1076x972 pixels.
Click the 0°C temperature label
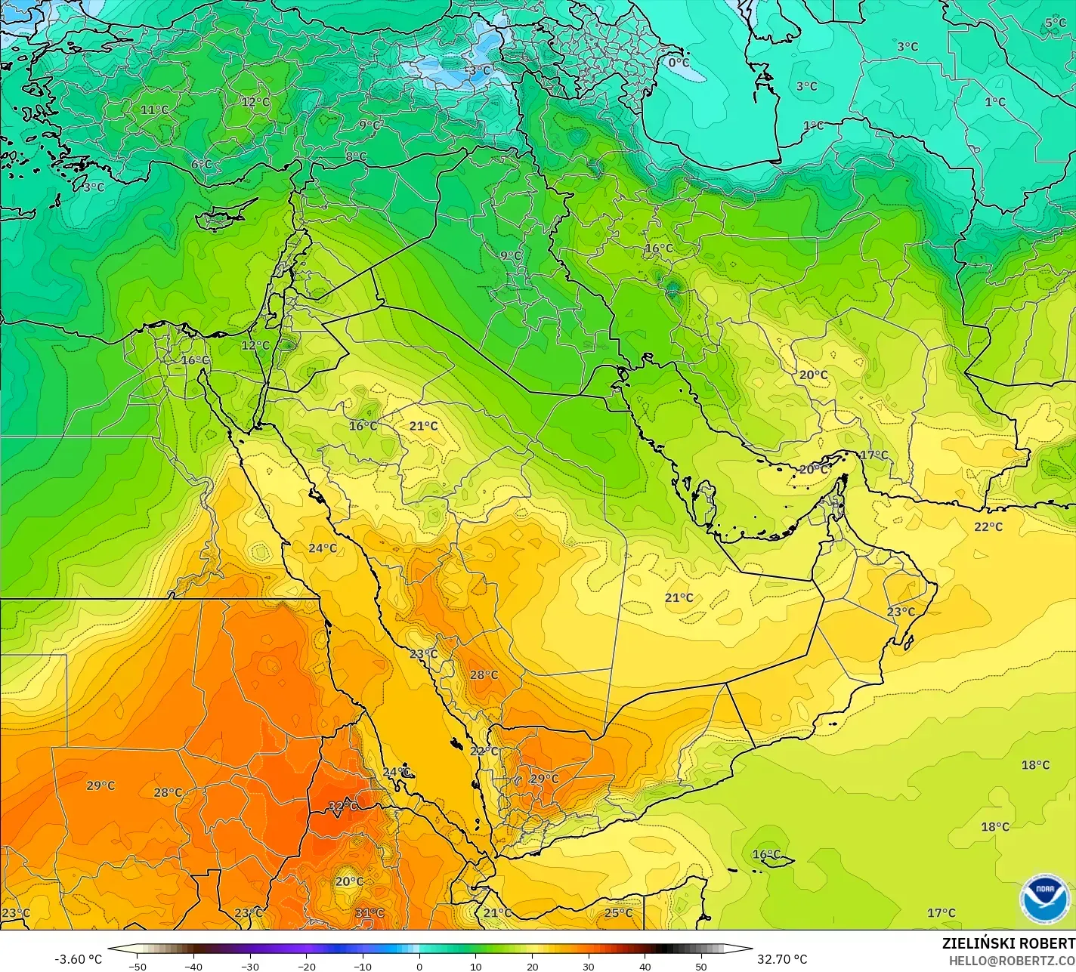pos(679,63)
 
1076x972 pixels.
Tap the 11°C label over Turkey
pos(154,110)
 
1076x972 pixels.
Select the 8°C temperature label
pos(356,157)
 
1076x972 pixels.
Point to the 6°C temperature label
pos(201,165)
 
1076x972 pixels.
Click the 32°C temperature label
pos(342,807)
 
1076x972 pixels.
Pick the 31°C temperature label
pos(369,913)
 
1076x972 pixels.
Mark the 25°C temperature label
pos(618,913)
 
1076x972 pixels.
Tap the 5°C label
pos(1056,23)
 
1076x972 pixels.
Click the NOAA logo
pos(1044,899)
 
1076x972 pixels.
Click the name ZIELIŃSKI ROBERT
pos(1008,944)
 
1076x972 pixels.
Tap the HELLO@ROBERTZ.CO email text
pos(1012,960)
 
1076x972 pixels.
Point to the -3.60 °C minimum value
pos(78,959)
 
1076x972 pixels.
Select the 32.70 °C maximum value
pos(783,959)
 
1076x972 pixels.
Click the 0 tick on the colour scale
pos(419,966)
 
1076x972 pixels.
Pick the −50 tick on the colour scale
pos(137,966)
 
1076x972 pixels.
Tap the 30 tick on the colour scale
pos(589,966)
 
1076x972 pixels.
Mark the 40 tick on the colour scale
pos(645,966)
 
